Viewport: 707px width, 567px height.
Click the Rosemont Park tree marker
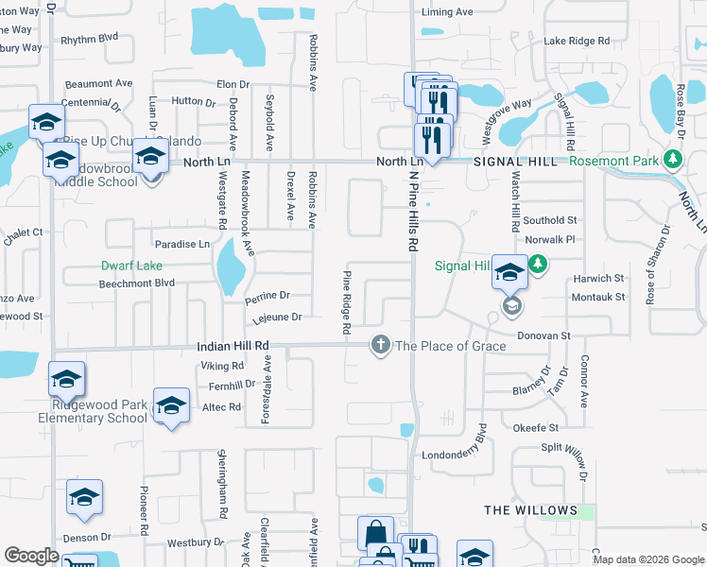click(673, 160)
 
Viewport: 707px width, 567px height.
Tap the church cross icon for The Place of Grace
click(381, 345)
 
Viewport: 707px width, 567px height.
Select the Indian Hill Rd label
click(233, 347)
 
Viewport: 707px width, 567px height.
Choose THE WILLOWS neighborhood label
click(530, 510)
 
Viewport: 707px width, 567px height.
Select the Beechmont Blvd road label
click(137, 283)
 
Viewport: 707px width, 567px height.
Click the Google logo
click(31, 556)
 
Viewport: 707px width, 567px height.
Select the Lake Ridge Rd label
click(577, 42)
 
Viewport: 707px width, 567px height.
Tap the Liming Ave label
click(447, 13)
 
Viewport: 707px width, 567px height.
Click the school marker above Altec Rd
click(171, 405)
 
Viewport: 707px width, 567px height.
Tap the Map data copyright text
click(647, 559)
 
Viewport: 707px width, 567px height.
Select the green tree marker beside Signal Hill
click(538, 265)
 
